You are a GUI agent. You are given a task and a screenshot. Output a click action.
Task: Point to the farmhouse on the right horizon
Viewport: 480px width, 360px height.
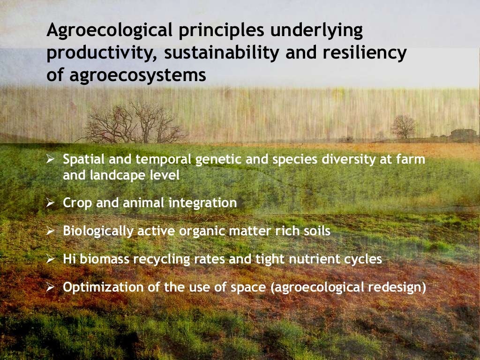[462, 134]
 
